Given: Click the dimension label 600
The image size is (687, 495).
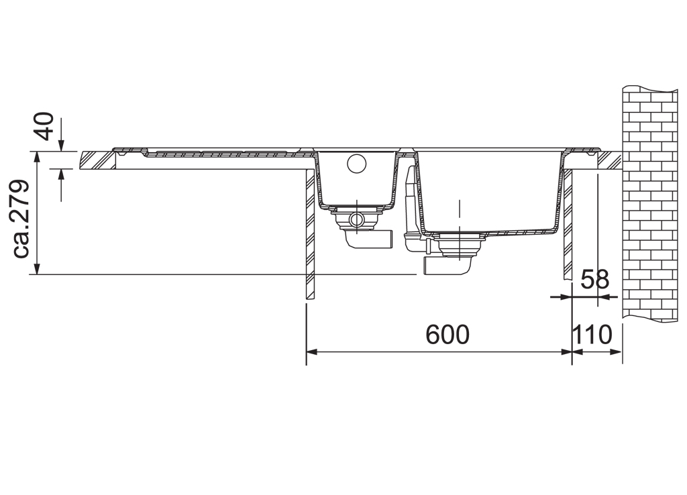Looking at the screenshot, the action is [447, 335].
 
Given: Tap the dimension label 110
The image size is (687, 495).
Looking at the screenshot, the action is [592, 335].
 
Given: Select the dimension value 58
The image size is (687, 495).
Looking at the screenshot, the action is [594, 279].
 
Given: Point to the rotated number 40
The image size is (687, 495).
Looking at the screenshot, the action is [45, 126].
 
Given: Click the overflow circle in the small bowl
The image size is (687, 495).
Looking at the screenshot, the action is [356, 164].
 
